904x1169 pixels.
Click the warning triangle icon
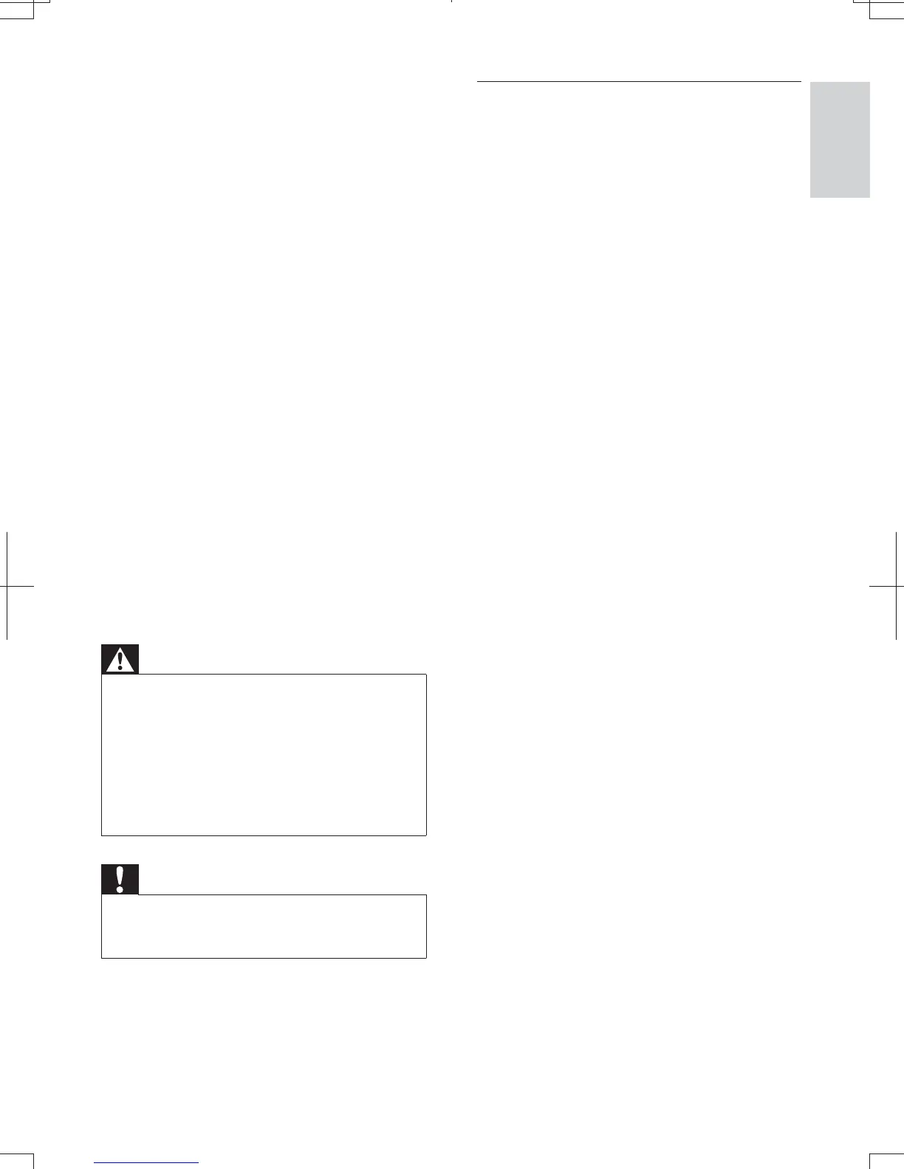pos(120,660)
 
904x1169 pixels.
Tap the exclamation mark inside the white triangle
pos(120,661)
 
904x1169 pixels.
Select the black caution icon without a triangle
pos(120,880)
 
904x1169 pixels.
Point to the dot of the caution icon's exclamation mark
pos(120,889)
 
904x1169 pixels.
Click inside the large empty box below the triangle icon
pos(264,754)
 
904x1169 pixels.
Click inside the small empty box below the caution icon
pos(264,926)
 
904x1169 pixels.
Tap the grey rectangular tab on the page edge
pos(840,139)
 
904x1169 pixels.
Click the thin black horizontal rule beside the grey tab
pos(639,81)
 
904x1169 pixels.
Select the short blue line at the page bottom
pos(147,1162)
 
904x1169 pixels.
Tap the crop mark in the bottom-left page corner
pos(34,1156)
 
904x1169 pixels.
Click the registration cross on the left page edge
pos(7,586)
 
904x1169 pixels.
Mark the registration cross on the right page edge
pos(896,586)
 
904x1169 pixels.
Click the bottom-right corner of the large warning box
pos(426,835)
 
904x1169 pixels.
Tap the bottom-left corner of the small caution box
pos(102,958)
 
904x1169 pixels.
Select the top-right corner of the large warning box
pos(426,674)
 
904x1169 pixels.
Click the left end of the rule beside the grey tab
pos(479,81)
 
